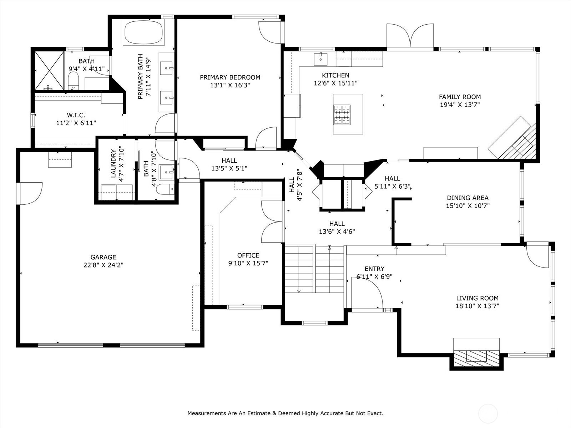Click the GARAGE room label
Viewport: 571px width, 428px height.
click(103, 257)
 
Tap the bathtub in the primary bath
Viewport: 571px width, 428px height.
click(143, 32)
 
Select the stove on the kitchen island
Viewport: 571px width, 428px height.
click(342, 114)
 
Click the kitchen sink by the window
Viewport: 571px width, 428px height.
click(320, 59)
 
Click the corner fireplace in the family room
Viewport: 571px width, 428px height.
click(514, 139)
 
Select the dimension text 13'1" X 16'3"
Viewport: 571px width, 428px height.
click(230, 85)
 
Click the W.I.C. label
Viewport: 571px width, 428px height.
click(76, 115)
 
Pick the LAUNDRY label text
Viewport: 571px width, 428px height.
click(113, 164)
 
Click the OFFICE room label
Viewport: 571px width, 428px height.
click(248, 255)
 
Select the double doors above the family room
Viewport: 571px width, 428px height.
click(410, 36)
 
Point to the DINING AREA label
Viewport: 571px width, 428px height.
click(468, 198)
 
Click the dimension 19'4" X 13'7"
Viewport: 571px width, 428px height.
click(460, 105)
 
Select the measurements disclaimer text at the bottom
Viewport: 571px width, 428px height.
click(285, 413)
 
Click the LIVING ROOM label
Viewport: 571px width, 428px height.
click(477, 298)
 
